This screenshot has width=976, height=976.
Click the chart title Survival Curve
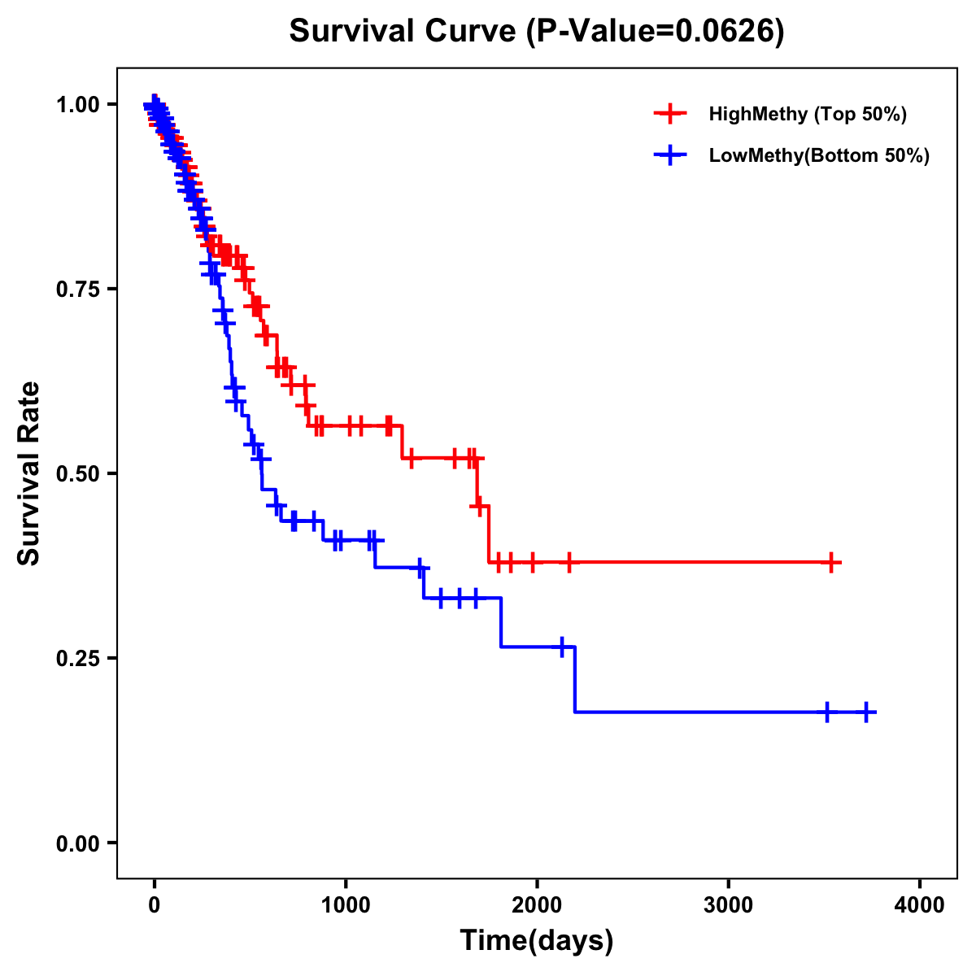403,32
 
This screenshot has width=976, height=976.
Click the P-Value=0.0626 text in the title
655,32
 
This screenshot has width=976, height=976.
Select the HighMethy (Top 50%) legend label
808,114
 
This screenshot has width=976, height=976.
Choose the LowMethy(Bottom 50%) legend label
819,156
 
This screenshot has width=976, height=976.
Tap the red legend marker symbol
669,114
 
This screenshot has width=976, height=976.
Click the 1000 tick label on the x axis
346,905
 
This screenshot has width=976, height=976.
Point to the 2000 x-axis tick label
537,905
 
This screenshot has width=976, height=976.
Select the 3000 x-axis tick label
729,905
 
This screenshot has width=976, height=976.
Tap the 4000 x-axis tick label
920,905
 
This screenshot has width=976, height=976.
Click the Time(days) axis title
537,941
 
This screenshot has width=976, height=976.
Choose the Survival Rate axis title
29,473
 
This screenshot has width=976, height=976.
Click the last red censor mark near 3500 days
831,562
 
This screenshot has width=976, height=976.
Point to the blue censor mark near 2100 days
560,647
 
